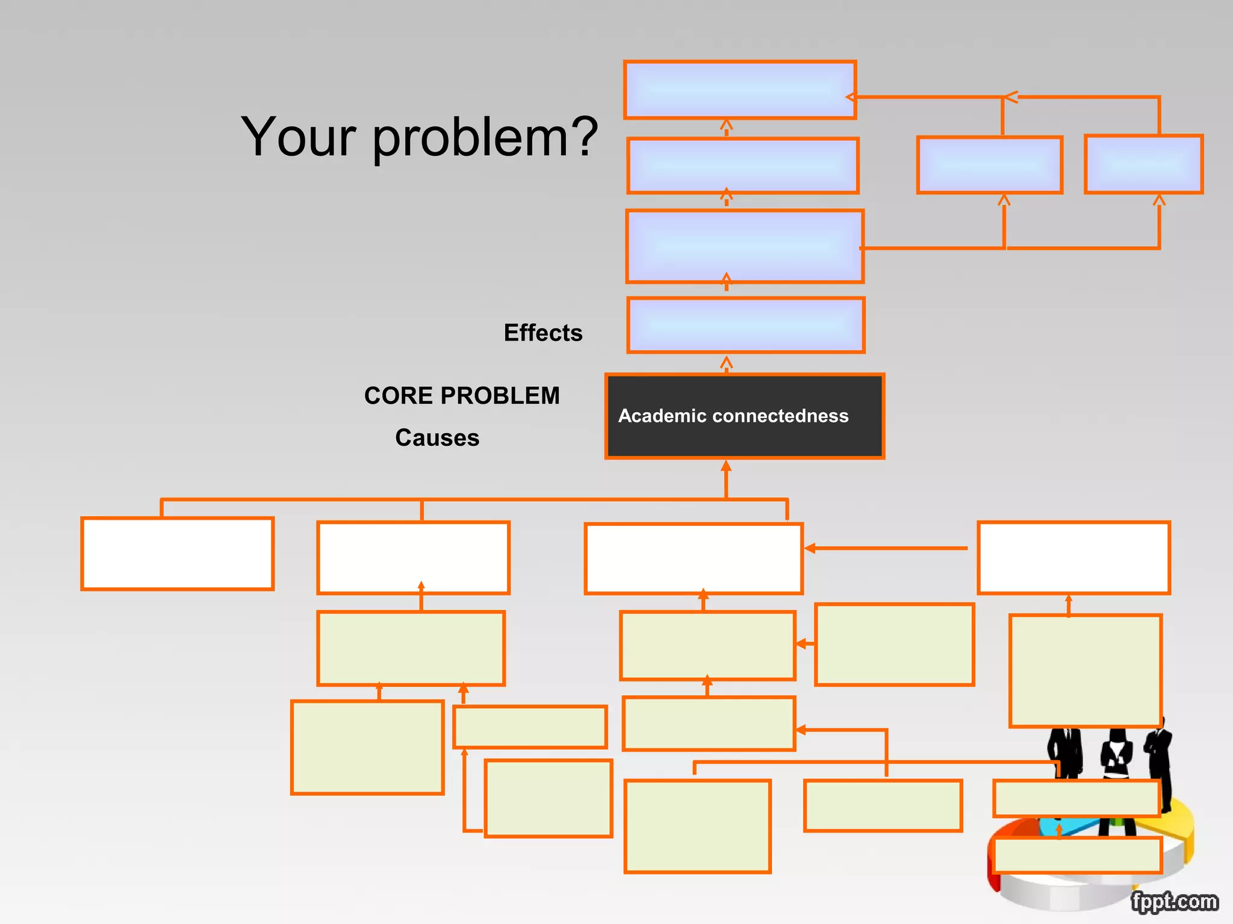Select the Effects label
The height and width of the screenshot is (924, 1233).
click(543, 333)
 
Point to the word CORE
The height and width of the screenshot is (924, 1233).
click(399, 396)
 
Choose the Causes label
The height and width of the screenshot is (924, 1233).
click(437, 438)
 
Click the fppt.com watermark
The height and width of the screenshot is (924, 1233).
click(1174, 901)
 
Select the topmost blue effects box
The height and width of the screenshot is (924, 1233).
click(740, 90)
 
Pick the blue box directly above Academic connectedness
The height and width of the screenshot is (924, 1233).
click(746, 325)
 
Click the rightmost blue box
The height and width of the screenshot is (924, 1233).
click(1144, 164)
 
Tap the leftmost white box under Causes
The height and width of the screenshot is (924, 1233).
click(178, 553)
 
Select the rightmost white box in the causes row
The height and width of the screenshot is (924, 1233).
click(1074, 558)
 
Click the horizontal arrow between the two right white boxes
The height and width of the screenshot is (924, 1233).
click(885, 548)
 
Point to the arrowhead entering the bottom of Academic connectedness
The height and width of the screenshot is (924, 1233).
click(726, 466)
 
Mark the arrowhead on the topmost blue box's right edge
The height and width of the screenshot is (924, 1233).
click(851, 97)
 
